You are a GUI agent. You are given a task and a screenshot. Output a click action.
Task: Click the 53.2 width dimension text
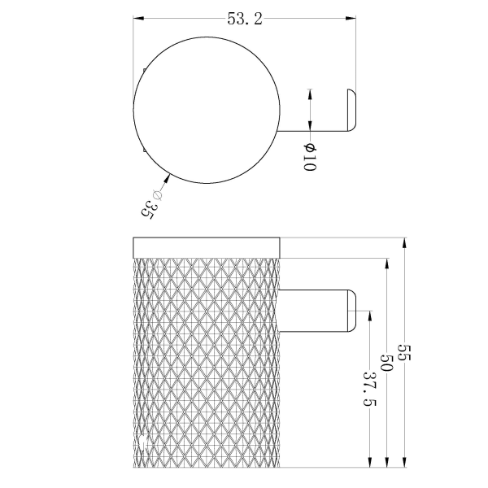[x=245, y=20]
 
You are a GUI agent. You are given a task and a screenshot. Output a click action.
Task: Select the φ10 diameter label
[x=309, y=157]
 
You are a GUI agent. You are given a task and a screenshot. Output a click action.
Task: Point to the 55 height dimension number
[x=406, y=354]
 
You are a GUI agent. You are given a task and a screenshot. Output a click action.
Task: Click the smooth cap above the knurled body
[x=207, y=247]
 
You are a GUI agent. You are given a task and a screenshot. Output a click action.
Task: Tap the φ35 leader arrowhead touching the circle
[x=168, y=175]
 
